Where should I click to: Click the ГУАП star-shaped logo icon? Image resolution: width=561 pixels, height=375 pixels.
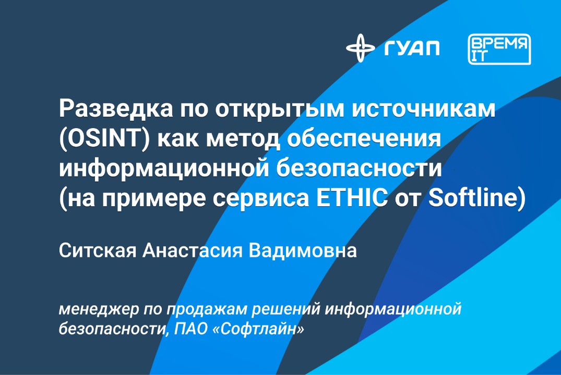pos(360,48)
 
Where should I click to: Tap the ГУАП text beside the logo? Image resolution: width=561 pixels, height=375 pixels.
pos(412,48)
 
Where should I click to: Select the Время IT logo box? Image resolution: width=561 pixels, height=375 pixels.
pos(499,49)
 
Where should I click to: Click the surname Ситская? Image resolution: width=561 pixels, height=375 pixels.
pos(97,251)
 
